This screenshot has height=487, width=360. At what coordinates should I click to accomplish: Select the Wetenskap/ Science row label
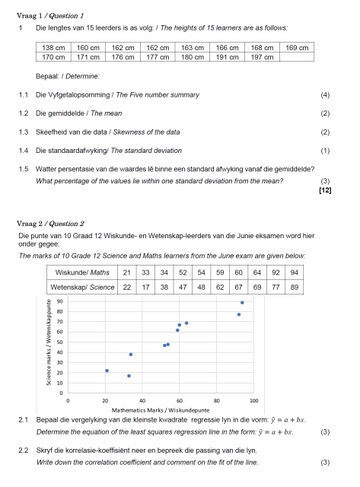pos(79,288)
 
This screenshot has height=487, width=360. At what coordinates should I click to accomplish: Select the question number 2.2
pos(23,451)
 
